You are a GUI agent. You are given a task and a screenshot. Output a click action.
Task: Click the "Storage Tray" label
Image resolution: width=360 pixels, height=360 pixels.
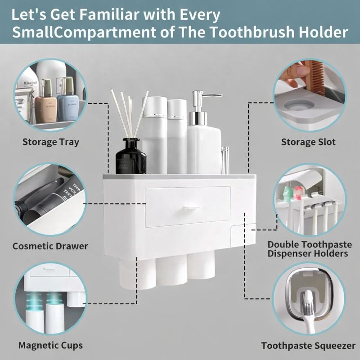pyautogui.click(x=50, y=142)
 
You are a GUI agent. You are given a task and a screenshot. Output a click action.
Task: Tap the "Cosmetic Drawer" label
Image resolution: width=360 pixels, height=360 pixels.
pyautogui.click(x=50, y=246)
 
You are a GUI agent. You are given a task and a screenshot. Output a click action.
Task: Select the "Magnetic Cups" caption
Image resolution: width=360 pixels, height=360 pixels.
pyautogui.click(x=50, y=346)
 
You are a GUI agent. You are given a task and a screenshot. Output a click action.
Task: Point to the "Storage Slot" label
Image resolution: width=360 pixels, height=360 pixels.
pyautogui.click(x=308, y=142)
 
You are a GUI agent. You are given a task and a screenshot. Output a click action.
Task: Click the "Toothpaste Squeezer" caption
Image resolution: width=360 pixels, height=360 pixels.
pyautogui.click(x=308, y=346)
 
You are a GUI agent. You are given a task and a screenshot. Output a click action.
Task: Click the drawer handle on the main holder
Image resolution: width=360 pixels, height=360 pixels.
pyautogui.click(x=191, y=207)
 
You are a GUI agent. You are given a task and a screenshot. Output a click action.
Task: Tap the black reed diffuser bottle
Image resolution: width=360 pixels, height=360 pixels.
pyautogui.click(x=130, y=157)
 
